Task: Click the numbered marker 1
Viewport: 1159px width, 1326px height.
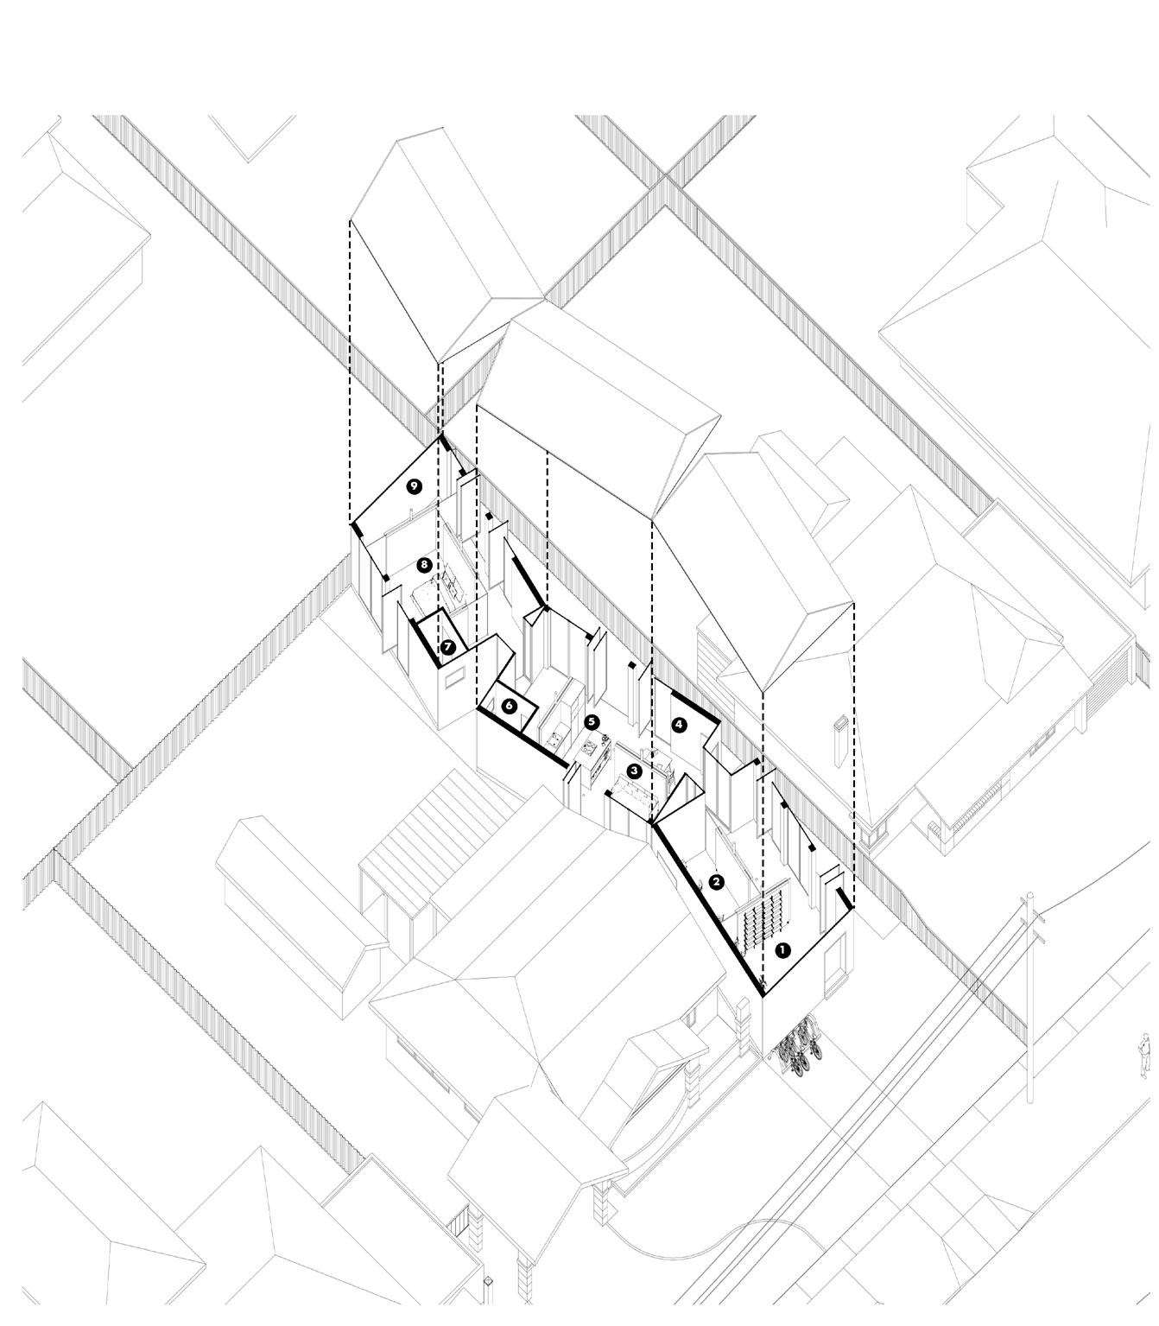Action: click(x=782, y=950)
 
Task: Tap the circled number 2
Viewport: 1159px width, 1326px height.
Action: click(x=716, y=882)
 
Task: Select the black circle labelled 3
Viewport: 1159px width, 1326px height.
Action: click(x=634, y=771)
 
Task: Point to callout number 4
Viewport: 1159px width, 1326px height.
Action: click(x=679, y=724)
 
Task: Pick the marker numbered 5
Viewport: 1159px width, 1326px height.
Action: click(x=592, y=721)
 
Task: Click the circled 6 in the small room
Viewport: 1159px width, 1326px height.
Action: click(x=509, y=706)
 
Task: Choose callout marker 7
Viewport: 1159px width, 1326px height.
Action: click(x=447, y=646)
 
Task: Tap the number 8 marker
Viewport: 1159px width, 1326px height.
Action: click(x=423, y=565)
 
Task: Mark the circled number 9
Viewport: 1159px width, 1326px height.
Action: click(x=415, y=487)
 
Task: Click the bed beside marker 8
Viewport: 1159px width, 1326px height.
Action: click(x=437, y=596)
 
